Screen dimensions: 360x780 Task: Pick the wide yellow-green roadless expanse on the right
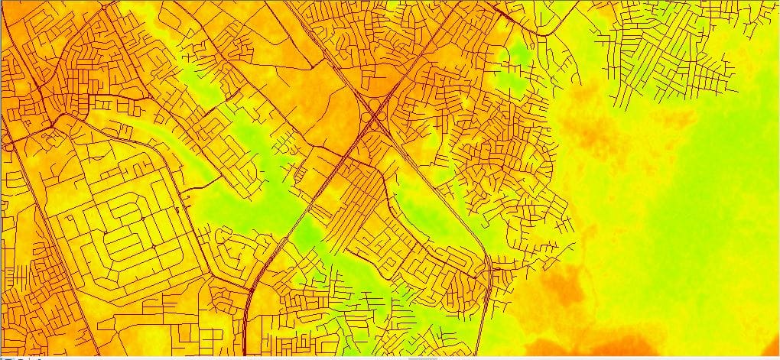(x=688, y=214)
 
